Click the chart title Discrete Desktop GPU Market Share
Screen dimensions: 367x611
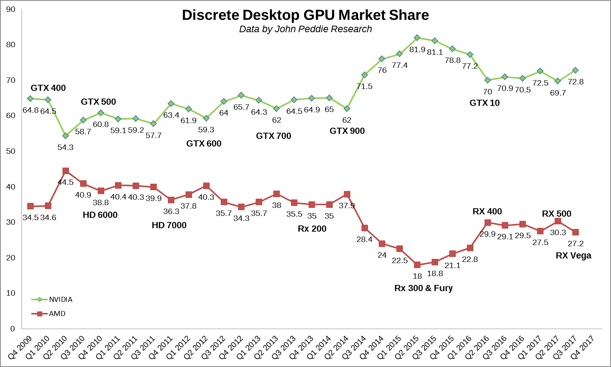click(305, 15)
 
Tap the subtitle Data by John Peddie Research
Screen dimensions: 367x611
click(305, 29)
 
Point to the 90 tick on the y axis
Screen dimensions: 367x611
click(11, 9)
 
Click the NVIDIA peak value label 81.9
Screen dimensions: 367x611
click(417, 49)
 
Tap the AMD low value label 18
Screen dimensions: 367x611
click(417, 276)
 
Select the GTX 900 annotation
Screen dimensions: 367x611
click(347, 131)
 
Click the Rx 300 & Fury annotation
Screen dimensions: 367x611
click(423, 288)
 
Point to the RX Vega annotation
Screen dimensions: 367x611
click(573, 255)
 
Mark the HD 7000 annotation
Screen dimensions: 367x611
click(169, 225)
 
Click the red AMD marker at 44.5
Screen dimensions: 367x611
click(66, 171)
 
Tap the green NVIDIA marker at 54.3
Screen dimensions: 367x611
click(66, 136)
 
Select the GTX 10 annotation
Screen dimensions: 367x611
click(484, 103)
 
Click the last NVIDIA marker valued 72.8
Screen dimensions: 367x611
click(575, 71)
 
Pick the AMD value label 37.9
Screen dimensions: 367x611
click(347, 206)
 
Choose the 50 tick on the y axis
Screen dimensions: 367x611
click(11, 151)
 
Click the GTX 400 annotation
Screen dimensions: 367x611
click(48, 88)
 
